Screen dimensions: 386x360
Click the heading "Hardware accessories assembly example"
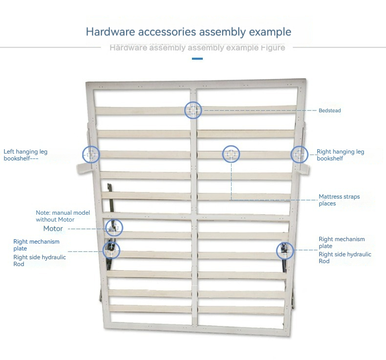tap(189, 32)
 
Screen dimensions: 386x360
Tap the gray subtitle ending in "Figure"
tap(197, 47)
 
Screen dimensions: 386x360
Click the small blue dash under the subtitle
tap(197, 59)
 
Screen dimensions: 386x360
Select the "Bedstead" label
tap(330, 111)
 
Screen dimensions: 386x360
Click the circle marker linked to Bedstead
tap(193, 102)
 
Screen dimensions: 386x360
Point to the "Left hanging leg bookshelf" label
tap(25, 155)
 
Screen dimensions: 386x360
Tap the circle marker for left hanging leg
tap(91, 146)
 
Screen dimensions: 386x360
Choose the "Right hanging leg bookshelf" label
tap(340, 155)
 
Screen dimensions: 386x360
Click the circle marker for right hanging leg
tap(300, 146)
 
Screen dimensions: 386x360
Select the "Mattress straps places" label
tap(339, 200)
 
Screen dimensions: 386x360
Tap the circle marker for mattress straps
tap(231, 146)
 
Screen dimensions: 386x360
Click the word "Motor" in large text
tap(53, 228)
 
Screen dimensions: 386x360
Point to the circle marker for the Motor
tap(114, 219)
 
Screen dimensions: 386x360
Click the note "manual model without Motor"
tap(63, 216)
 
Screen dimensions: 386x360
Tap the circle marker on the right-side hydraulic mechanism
tap(285, 242)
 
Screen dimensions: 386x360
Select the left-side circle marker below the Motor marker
tap(111, 242)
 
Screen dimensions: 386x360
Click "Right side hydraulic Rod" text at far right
tap(344, 257)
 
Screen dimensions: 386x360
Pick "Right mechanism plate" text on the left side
tap(36, 245)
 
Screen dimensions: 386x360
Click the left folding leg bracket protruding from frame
tap(84, 169)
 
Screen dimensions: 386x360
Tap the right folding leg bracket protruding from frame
tap(303, 169)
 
